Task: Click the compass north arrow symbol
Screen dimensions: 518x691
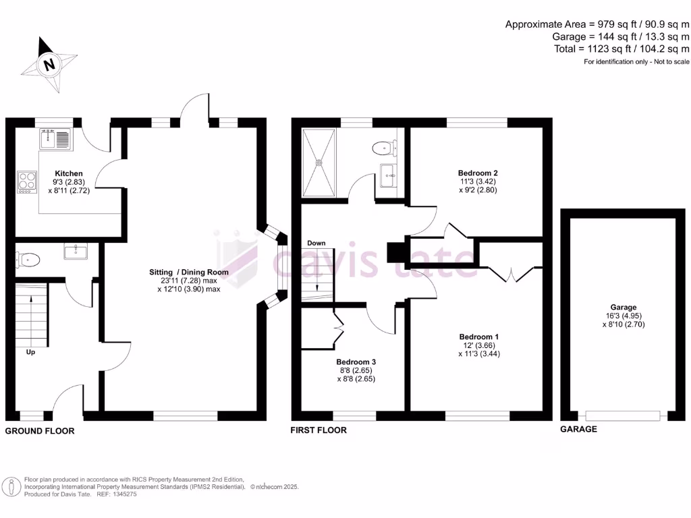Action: (48, 65)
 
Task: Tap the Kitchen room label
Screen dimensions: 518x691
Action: (69, 173)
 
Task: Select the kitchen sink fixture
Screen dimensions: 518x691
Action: (55, 140)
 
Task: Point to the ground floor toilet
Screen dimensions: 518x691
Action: (30, 258)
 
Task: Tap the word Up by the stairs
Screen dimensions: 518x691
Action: (30, 351)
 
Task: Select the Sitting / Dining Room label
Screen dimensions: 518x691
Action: (189, 272)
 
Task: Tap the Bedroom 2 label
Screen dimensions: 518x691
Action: (478, 173)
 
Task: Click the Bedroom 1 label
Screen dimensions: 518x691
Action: (479, 337)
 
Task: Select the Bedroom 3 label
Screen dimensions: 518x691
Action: (356, 362)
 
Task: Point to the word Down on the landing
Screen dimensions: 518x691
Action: (316, 243)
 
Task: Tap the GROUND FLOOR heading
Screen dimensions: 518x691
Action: (40, 430)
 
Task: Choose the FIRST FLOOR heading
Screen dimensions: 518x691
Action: (319, 430)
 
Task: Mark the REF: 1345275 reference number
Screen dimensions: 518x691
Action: (117, 494)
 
